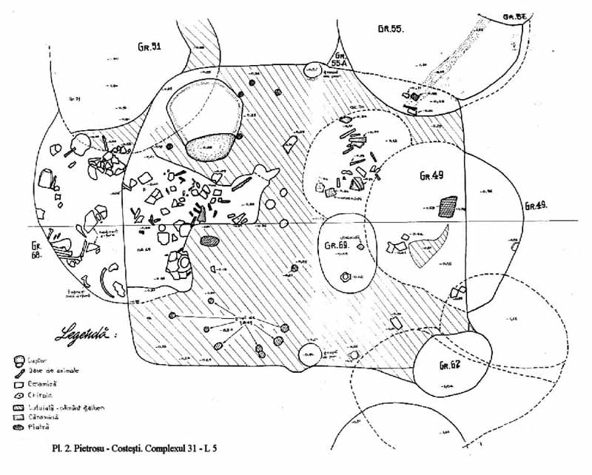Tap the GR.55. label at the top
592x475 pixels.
[388, 30]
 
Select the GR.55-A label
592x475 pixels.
[340, 61]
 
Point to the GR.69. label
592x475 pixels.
[339, 244]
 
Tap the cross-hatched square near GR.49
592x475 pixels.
[447, 206]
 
